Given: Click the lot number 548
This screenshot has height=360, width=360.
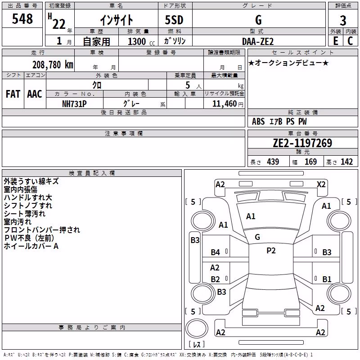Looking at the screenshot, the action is point(22,18).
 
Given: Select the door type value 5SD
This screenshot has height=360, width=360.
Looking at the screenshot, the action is point(174,20).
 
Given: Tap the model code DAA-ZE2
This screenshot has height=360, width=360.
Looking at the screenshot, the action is point(258,41).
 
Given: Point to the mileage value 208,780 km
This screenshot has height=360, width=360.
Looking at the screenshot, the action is point(53,65).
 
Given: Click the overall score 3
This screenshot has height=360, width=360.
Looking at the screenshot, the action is point(343,21).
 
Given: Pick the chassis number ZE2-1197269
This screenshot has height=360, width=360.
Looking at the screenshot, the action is point(302,143).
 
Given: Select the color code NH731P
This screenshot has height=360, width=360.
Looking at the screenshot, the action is point(74,104).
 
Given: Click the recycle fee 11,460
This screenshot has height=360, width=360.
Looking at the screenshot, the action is point(224,104).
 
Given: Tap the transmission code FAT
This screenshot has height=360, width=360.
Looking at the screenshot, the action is point(13,94).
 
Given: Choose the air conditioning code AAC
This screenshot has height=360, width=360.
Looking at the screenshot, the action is point(35,94).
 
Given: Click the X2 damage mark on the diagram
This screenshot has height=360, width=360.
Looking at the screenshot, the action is point(321,184).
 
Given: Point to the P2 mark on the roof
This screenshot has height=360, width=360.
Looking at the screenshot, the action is point(271,251).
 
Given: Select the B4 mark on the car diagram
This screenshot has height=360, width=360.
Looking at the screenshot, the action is point(216,252).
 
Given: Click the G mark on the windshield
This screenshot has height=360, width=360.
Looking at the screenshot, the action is point(257,237).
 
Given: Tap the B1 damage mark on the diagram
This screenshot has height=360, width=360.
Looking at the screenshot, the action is point(327,279).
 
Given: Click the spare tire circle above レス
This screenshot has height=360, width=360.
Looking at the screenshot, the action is point(197,328).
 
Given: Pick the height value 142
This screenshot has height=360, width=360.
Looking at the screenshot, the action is point(346,162).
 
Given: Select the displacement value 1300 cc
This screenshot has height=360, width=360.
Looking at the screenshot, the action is point(141,41).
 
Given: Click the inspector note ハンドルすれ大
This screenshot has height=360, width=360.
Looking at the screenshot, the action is point(28,198).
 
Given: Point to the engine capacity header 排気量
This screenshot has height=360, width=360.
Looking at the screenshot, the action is point(138,31).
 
